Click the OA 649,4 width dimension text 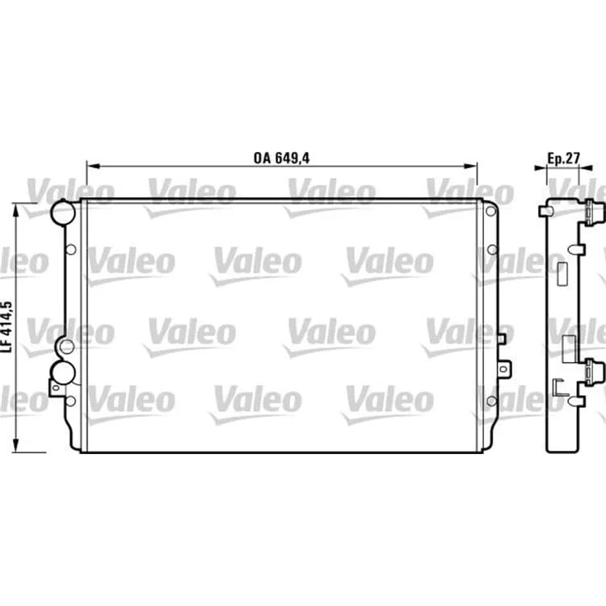tap(281, 158)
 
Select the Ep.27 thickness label tap(564, 158)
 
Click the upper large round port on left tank tap(63, 213)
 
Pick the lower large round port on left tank tap(62, 372)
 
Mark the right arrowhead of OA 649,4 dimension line tap(470, 166)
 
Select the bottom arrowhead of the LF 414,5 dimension tap(16, 445)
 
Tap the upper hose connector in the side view tap(595, 213)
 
